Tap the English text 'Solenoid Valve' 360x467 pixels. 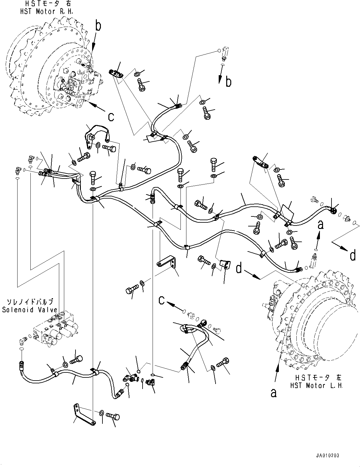click(x=30, y=310)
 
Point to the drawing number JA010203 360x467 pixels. click(x=328, y=455)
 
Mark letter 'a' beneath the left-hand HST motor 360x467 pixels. click(x=274, y=393)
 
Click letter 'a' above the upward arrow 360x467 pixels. click(x=320, y=225)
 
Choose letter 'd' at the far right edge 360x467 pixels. click(x=353, y=256)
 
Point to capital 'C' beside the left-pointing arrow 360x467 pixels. click(x=161, y=300)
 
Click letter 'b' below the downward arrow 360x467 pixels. click(x=229, y=82)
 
